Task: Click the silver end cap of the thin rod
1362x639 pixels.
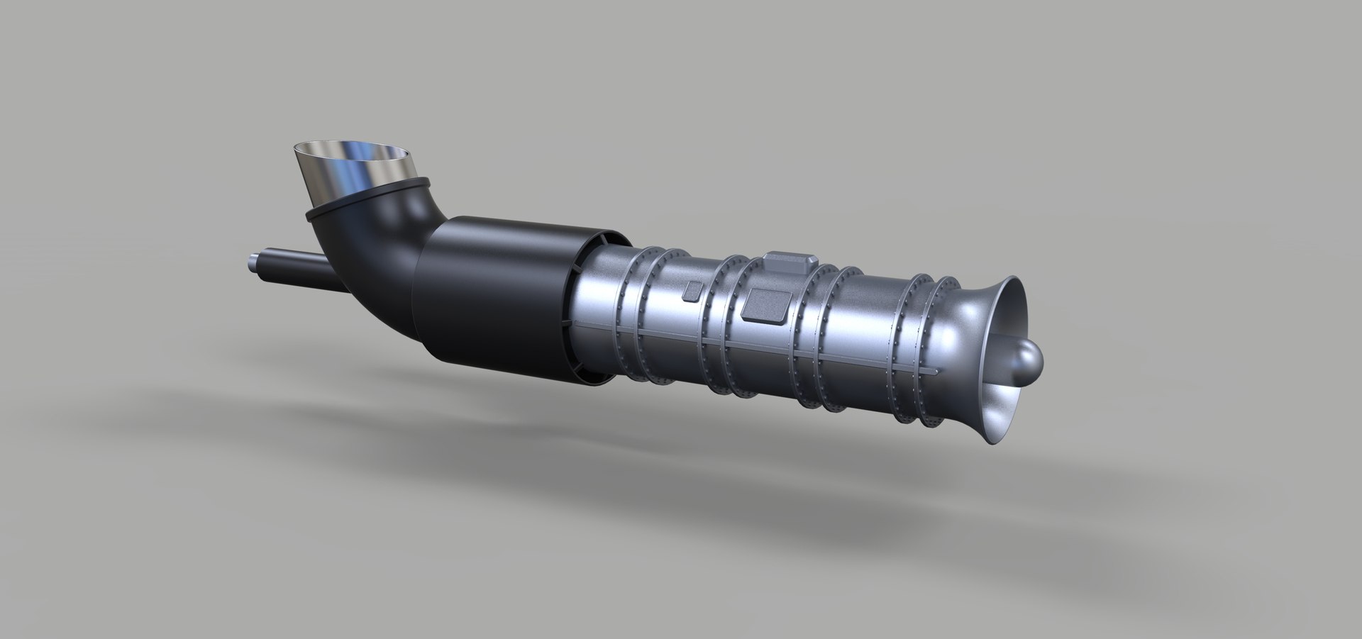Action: [253, 260]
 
